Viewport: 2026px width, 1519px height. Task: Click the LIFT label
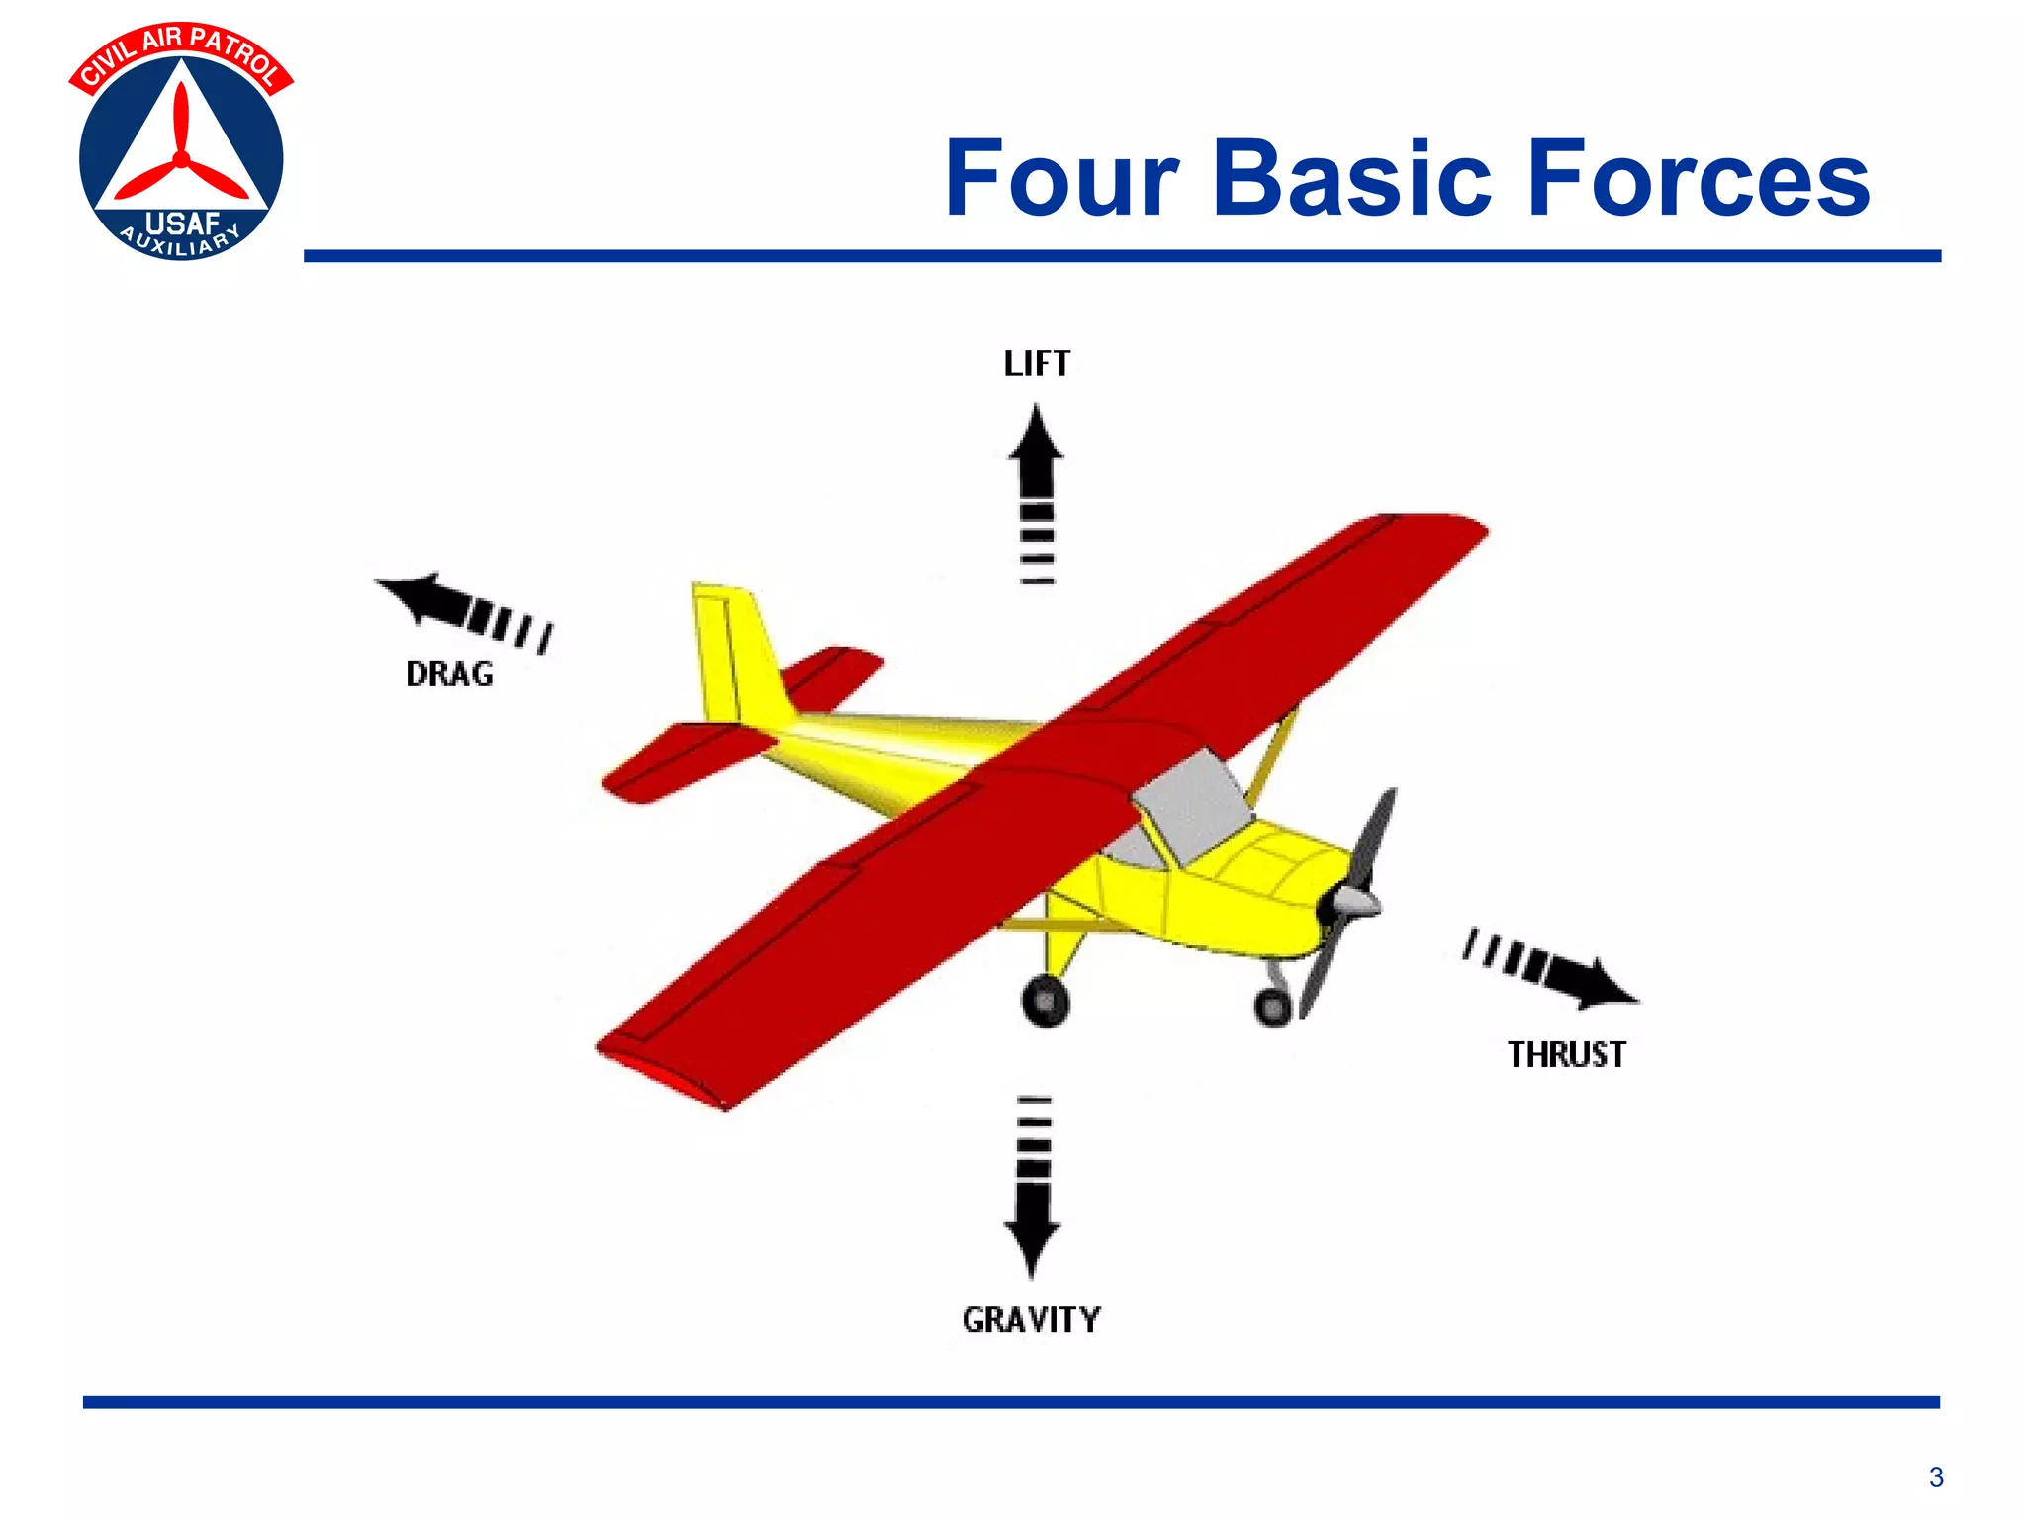click(1037, 364)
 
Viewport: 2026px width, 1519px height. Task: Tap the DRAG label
click(449, 673)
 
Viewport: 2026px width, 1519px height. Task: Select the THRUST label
click(1566, 1054)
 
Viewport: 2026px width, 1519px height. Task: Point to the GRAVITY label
click(1031, 1319)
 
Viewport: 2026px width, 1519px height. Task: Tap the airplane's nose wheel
click(1272, 1007)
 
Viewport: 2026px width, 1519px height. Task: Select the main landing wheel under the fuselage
click(1046, 1001)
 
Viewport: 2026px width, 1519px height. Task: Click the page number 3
click(1936, 1477)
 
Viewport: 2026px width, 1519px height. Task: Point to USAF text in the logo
click(182, 223)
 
